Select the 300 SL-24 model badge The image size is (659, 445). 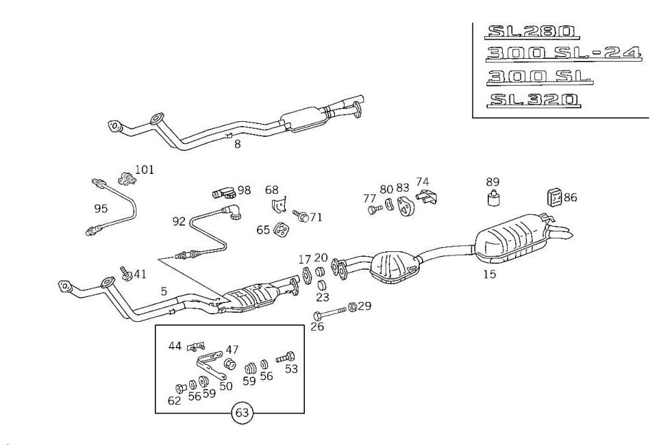pyautogui.click(x=564, y=54)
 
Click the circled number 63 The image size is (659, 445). pyautogui.click(x=242, y=413)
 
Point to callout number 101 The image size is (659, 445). pyautogui.click(x=145, y=170)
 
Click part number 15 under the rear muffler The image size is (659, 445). pyautogui.click(x=489, y=275)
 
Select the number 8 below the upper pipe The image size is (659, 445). pyautogui.click(x=237, y=145)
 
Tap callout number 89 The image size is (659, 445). pyautogui.click(x=493, y=182)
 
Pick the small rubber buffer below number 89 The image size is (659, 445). pyautogui.click(x=492, y=199)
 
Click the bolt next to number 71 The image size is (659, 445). pyautogui.click(x=299, y=216)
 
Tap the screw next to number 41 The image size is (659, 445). pyautogui.click(x=125, y=273)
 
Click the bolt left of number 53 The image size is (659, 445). pyautogui.click(x=285, y=357)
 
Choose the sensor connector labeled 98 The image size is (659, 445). pyautogui.click(x=222, y=191)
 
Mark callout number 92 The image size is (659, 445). pyautogui.click(x=179, y=221)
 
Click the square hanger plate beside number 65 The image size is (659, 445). pyautogui.click(x=279, y=231)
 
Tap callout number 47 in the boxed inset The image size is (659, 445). pyautogui.click(x=232, y=349)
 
